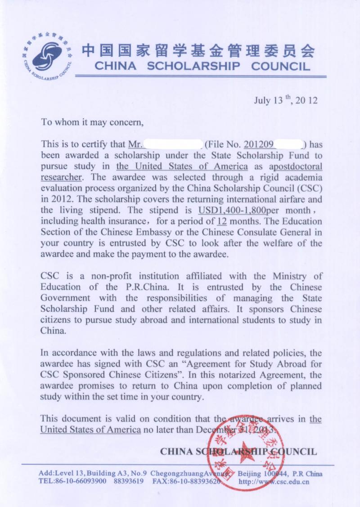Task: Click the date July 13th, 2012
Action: (x=286, y=100)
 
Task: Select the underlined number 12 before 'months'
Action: (x=221, y=221)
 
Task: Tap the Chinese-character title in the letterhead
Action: (x=198, y=51)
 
